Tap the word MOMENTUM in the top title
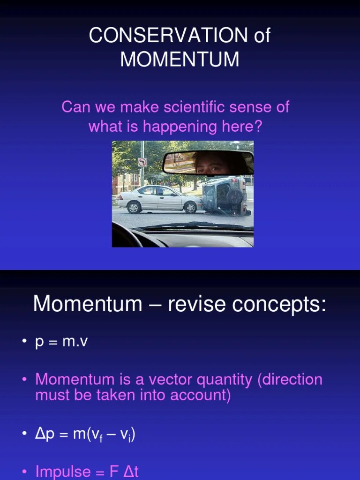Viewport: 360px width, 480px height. click(180, 60)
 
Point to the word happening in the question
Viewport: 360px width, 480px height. click(180, 126)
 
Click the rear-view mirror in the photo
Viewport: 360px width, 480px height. click(208, 163)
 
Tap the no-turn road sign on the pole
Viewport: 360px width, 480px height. click(142, 162)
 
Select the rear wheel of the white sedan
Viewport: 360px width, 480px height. click(134, 207)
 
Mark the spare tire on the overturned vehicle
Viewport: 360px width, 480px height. click(235, 196)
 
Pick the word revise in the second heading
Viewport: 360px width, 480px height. click(193, 304)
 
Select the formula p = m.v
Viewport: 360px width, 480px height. click(61, 342)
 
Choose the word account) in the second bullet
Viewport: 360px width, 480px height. click(201, 395)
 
